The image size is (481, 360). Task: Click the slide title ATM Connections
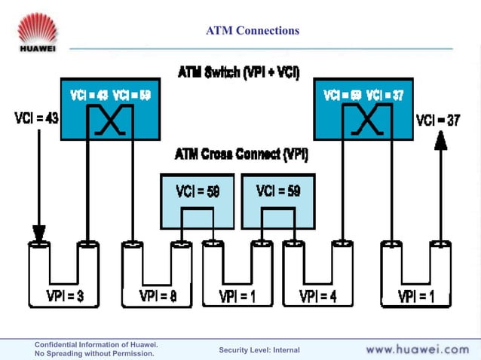253,31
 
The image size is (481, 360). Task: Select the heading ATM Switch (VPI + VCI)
238,73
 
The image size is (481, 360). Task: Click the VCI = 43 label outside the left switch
36,118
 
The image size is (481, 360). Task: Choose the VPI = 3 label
64,295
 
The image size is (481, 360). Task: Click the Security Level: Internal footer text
259,350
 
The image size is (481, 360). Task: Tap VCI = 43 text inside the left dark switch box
89,95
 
